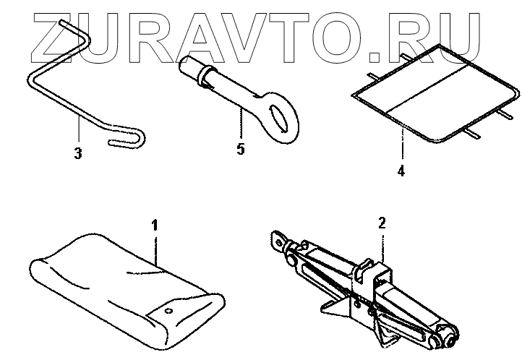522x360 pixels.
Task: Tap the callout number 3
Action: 77,153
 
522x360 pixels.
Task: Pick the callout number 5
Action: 240,150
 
